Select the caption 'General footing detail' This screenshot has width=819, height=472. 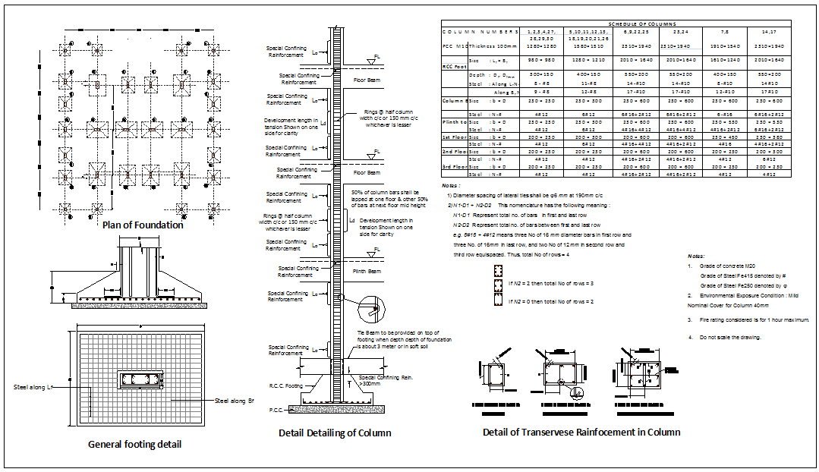pos(135,444)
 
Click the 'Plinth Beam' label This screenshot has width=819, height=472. pos(367,270)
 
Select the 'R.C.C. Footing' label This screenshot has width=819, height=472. pos(285,385)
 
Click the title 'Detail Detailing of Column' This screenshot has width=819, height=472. pos(335,433)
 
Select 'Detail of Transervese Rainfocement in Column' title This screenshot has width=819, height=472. pos(581,432)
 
